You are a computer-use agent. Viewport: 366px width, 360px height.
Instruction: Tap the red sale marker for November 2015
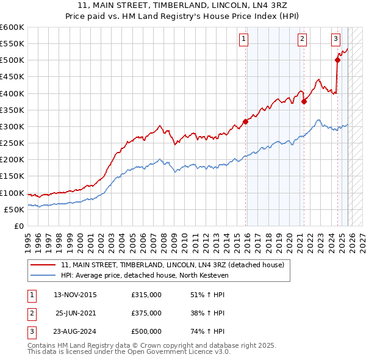pyautogui.click(x=246, y=121)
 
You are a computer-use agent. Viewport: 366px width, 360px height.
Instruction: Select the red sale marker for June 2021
pyautogui.click(x=304, y=102)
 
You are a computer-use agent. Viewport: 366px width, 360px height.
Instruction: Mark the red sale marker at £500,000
pyautogui.click(x=337, y=60)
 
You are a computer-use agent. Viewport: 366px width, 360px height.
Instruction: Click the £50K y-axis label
pyautogui.click(x=14, y=209)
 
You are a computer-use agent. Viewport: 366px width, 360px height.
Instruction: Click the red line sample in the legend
pyautogui.click(x=43, y=265)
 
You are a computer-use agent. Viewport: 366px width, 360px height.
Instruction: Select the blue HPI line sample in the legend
pyautogui.click(x=43, y=276)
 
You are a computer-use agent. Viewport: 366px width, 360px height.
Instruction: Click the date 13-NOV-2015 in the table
pyautogui.click(x=75, y=295)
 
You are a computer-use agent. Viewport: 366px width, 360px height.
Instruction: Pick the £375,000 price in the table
pyautogui.click(x=146, y=313)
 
